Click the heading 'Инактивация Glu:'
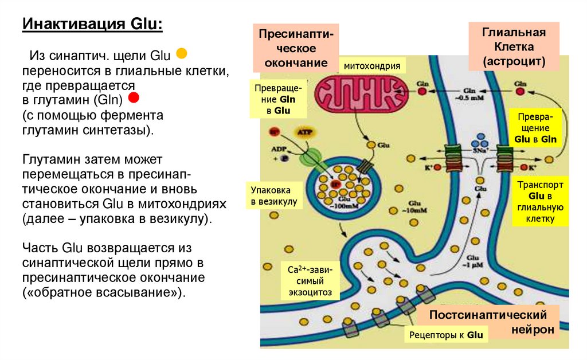pyautogui.click(x=92, y=26)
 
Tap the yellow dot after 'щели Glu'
pyautogui.click(x=181, y=54)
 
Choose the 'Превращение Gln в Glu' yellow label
pyautogui.click(x=278, y=99)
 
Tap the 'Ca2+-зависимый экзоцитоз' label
pyautogui.click(x=310, y=280)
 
